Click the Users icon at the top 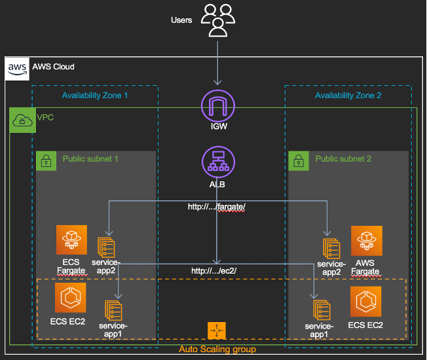218,20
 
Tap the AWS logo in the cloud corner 17,69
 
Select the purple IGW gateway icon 218,106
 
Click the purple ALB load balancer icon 218,162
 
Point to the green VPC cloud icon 23,120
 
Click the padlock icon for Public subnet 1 46,161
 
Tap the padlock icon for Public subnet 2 299,161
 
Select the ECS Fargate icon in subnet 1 71,240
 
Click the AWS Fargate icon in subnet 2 367,241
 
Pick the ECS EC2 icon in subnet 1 71,297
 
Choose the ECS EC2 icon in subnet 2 365,302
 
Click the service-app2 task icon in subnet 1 106,247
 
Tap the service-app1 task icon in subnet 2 322,310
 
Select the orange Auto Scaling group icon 217,331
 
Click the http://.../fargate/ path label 217,207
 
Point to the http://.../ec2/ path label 213,271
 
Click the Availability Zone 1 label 95,96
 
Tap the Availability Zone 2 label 348,96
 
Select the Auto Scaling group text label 217,349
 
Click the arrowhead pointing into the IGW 217,82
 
